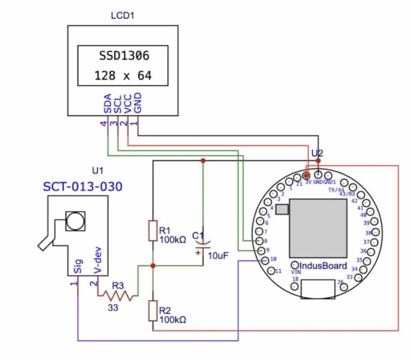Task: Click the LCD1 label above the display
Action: (123, 15)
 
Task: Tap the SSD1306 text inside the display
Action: (123, 57)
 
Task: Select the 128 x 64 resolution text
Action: (123, 76)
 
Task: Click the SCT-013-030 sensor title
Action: (83, 187)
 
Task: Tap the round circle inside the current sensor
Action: (75, 221)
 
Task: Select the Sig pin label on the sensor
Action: (79, 267)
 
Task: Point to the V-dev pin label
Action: (98, 260)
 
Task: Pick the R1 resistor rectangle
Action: (153, 230)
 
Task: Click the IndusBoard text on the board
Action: (324, 266)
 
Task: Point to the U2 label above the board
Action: (317, 153)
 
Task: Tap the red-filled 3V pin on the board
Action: (306, 175)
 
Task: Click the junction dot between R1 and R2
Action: (153, 266)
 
